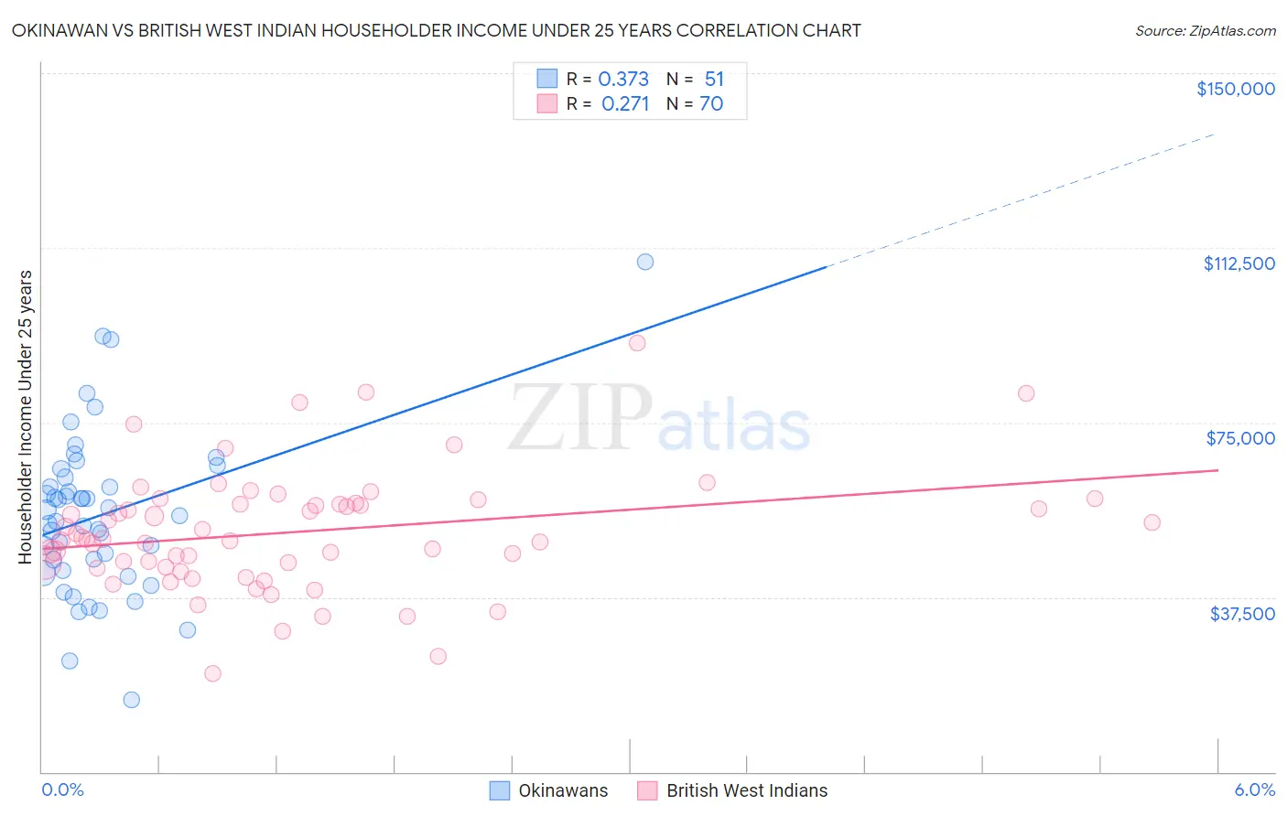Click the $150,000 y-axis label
click(1235, 89)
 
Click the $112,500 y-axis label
click(1238, 263)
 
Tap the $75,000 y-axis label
click(1240, 438)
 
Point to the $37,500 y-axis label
click(1242, 614)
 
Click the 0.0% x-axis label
click(62, 789)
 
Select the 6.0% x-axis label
click(1254, 789)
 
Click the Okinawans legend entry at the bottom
click(562, 790)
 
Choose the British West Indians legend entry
click(746, 790)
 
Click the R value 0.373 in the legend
click(623, 80)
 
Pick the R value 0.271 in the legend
click(625, 104)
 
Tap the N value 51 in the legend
click(714, 80)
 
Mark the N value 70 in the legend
click(711, 104)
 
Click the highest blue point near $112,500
click(645, 262)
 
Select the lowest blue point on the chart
click(132, 700)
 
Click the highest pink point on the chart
click(637, 343)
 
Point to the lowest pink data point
click(212, 673)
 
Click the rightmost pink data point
click(1152, 522)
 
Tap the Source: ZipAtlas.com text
click(1205, 31)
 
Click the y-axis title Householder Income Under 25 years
click(26, 416)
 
